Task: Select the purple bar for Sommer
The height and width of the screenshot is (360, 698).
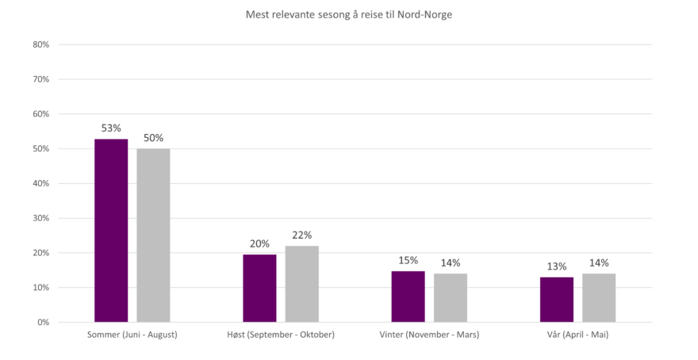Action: pyautogui.click(x=111, y=230)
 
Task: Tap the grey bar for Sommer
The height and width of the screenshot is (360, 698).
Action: pyautogui.click(x=153, y=235)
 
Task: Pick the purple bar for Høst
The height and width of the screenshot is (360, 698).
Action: pyautogui.click(x=259, y=287)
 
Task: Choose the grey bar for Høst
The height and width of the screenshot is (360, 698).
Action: pyautogui.click(x=302, y=283)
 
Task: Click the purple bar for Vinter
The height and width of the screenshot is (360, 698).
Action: pyautogui.click(x=408, y=296)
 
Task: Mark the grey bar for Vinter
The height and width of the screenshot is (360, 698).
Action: pyautogui.click(x=451, y=297)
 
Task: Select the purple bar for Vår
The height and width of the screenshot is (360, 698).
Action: pyautogui.click(x=557, y=299)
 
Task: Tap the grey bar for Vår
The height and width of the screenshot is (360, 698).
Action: pyautogui.click(x=599, y=297)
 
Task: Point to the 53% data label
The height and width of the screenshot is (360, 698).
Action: pyautogui.click(x=111, y=128)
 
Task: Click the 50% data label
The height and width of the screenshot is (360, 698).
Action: pyautogui.click(x=153, y=138)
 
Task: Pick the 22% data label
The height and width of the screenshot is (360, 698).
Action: pyautogui.click(x=302, y=235)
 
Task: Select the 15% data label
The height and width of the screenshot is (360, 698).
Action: pyautogui.click(x=408, y=260)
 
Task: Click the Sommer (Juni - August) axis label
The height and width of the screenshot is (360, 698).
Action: pyautogui.click(x=132, y=335)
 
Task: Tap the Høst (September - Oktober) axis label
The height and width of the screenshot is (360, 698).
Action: pyautogui.click(x=281, y=335)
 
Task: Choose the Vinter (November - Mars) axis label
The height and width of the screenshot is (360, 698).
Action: pyautogui.click(x=429, y=335)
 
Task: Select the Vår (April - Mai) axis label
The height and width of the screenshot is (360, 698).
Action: pyautogui.click(x=577, y=335)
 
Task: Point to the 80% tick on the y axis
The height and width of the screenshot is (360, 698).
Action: pyautogui.click(x=42, y=45)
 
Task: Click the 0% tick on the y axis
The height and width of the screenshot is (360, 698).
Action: pyautogui.click(x=44, y=323)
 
